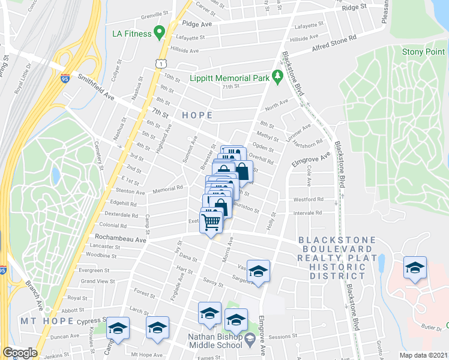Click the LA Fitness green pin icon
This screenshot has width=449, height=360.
coord(160,33)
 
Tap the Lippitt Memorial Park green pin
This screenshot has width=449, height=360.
coord(277,77)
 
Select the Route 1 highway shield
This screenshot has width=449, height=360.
coord(160,63)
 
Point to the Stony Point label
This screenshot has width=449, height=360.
coord(425,52)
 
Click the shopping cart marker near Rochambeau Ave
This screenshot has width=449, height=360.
coord(211,222)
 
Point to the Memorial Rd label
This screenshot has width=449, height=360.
coord(167,188)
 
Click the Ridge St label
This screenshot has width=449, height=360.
coord(354,7)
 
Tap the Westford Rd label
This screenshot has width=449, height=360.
coord(308,199)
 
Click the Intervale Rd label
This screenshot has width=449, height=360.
coord(308,213)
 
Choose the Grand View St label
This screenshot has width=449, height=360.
coord(97,281)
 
